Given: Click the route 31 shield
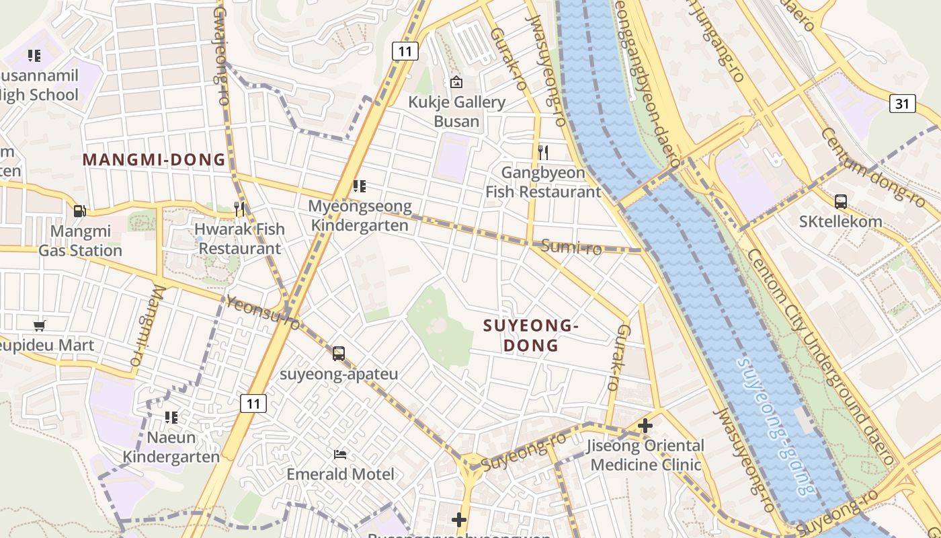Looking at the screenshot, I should click(x=902, y=103).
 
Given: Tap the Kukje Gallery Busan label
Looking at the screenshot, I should click(x=457, y=112).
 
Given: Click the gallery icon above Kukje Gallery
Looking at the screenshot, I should click(x=456, y=82).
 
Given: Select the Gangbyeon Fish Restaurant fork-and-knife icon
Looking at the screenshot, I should click(x=543, y=153).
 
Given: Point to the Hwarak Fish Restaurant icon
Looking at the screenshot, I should click(x=239, y=209).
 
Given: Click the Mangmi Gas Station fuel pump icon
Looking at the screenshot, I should click(x=79, y=211).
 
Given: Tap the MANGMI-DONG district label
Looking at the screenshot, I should click(x=154, y=160).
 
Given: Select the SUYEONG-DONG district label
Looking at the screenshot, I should click(x=531, y=336).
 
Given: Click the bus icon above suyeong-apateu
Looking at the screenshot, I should click(x=339, y=353).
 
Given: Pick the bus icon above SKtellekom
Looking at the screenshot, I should click(x=840, y=201).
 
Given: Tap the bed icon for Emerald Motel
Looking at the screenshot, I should click(x=340, y=454).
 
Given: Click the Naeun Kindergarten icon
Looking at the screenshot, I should click(x=171, y=418).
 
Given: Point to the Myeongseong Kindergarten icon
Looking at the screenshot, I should click(x=359, y=186).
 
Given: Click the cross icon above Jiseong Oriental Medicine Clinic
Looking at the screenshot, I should click(x=645, y=425).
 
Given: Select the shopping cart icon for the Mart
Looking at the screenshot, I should click(x=39, y=325).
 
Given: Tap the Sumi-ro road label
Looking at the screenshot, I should click(x=571, y=247).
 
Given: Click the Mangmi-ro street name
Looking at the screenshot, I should click(x=147, y=326).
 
